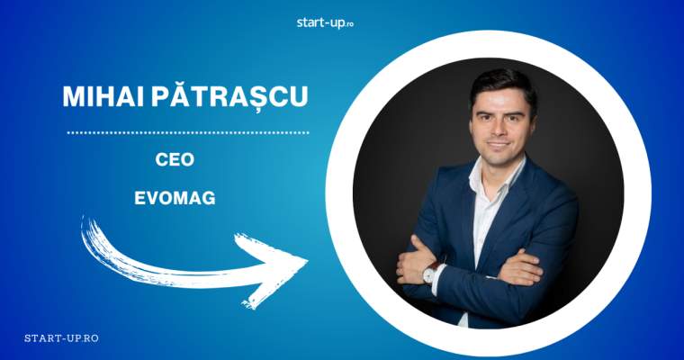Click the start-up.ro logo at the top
(325, 22)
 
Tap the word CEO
(175, 159)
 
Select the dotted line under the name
(188, 132)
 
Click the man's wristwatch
(429, 274)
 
